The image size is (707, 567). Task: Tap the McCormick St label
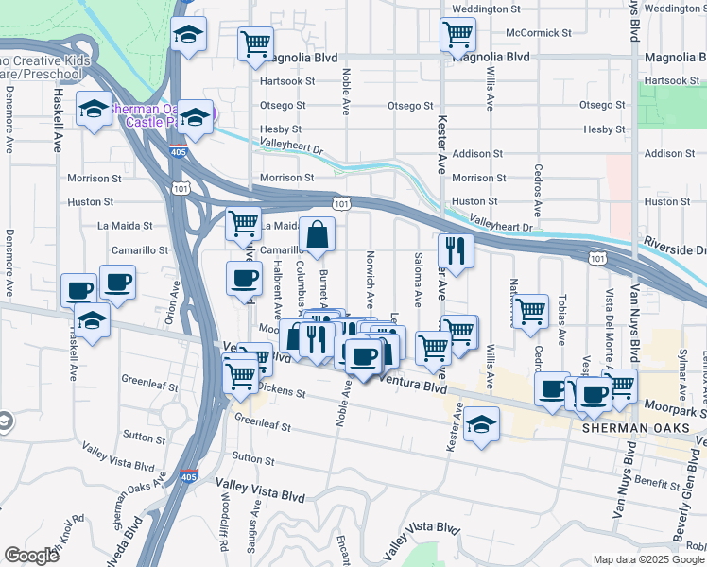[539, 32]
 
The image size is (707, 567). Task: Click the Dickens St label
[276, 388]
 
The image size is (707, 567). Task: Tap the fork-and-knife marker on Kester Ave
[456, 251]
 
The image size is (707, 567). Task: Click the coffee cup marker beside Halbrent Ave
[245, 280]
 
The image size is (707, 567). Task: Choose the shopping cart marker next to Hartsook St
[254, 44]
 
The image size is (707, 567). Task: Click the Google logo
[31, 556]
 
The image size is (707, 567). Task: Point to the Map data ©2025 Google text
[647, 559]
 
